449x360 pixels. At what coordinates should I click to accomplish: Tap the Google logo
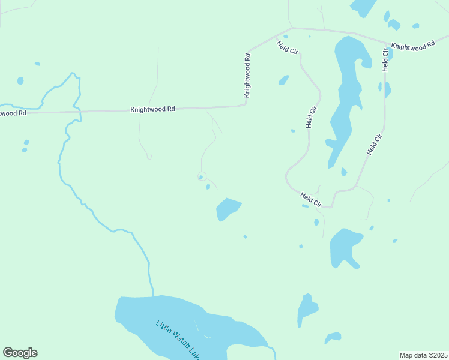(x=20, y=353)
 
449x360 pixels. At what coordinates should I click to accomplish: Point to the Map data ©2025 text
(x=423, y=355)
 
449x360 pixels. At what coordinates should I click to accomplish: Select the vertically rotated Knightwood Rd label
(x=247, y=76)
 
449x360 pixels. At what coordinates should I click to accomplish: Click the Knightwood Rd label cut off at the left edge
(x=12, y=112)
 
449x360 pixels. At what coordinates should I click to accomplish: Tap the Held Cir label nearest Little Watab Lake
(x=311, y=199)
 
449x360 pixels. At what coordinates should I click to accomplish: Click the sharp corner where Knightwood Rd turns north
(x=246, y=104)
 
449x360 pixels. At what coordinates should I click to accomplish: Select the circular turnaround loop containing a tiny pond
(x=202, y=176)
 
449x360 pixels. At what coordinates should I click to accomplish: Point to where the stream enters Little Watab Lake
(x=154, y=295)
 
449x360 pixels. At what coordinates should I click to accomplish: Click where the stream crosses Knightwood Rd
(x=76, y=111)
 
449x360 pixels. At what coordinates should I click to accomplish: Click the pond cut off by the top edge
(x=363, y=6)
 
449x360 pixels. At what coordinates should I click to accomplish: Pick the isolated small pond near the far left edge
(x=20, y=80)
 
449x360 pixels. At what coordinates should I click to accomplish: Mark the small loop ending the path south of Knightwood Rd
(x=149, y=157)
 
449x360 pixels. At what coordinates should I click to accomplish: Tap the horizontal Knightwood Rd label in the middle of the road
(x=152, y=109)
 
